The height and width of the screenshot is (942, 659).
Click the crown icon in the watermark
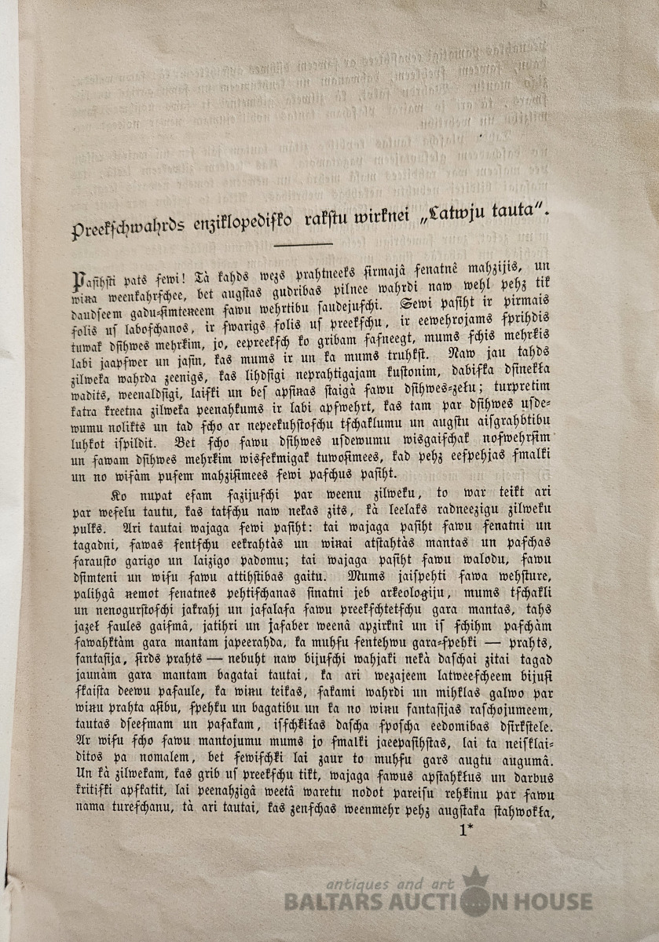pos(475,878)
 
